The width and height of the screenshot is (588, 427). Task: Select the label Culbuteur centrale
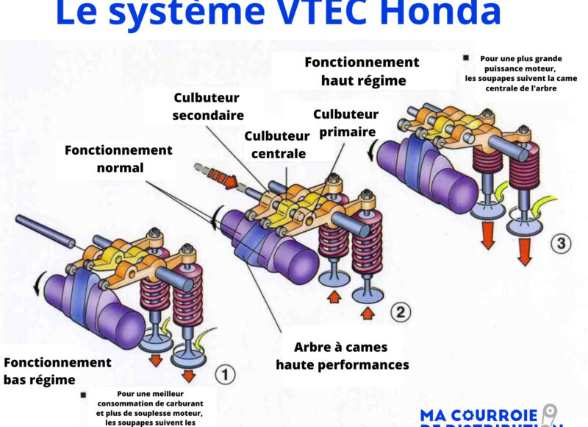coord(277,145)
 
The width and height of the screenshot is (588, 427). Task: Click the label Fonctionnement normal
coord(119,158)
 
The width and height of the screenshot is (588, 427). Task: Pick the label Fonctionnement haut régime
coord(362,71)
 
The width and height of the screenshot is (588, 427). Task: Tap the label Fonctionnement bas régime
coord(57,371)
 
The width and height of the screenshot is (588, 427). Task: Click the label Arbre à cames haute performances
coord(342,355)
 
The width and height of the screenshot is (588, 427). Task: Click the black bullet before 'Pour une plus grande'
coord(465,57)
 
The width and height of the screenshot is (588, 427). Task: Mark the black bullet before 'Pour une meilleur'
coord(83,395)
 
